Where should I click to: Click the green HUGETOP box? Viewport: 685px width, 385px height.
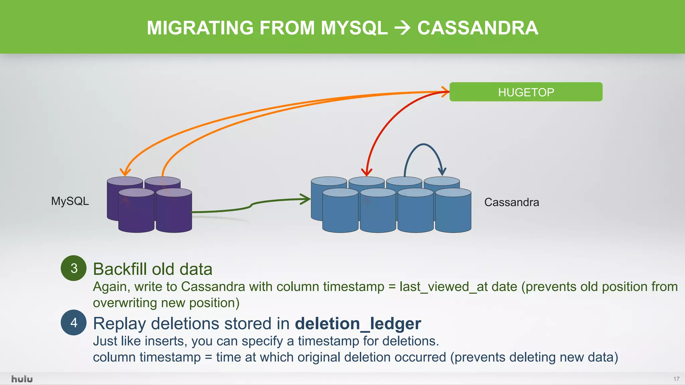point(526,92)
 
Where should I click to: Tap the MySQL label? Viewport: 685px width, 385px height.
point(70,201)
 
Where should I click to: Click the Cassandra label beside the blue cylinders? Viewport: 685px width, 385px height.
point(511,202)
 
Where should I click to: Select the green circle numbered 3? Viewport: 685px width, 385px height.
point(74,268)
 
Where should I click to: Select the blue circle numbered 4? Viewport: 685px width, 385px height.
point(74,323)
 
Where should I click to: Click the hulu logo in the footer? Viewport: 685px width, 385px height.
point(22,379)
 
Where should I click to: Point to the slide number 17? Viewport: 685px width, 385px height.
point(676,379)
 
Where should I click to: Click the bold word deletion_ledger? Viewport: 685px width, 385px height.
point(358,324)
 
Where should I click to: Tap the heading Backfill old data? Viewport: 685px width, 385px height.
point(153,269)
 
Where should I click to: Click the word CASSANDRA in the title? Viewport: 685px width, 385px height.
point(478,28)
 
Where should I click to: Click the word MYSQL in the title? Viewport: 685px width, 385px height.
point(354,28)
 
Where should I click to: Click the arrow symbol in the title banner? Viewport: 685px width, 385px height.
point(402,28)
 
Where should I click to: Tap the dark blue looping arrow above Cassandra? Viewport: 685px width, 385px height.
point(423,145)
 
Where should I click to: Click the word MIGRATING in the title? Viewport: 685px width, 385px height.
point(200,28)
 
